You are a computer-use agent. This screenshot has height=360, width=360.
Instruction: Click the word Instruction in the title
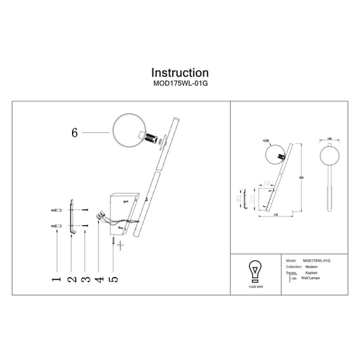pos(180,73)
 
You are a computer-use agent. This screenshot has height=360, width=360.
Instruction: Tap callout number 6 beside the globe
pos(74,134)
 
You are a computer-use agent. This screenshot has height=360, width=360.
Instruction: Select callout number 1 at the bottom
pos(56,280)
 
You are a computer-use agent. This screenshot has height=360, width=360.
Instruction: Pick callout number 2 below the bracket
pos(71,280)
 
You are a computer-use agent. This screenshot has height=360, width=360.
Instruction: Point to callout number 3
pos(86,280)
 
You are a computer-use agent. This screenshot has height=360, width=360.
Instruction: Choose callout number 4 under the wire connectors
pos(100,280)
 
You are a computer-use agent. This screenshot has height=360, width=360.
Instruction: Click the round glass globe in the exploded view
pos(126,131)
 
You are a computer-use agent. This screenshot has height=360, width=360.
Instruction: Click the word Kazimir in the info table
pos(312,273)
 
